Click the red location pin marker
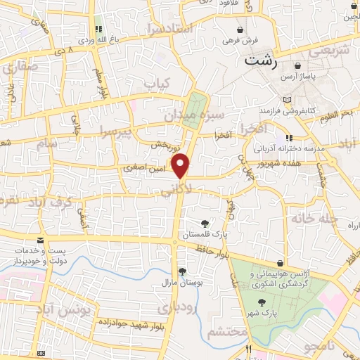tap(181, 165)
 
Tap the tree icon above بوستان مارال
tap(182, 272)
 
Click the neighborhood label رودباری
tap(193, 308)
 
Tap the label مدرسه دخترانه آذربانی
tap(288, 149)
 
